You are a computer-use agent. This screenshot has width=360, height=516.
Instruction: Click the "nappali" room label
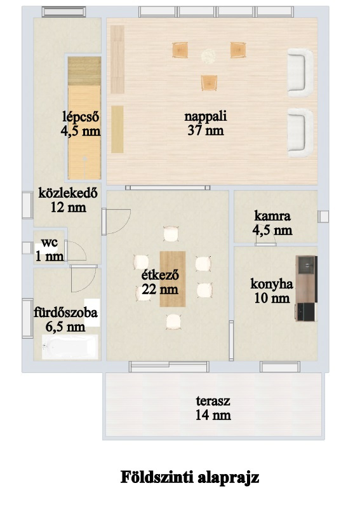tap(206, 116)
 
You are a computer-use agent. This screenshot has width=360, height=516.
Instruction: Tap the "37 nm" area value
tap(206, 131)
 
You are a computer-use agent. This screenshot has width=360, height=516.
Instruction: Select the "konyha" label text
tap(272, 283)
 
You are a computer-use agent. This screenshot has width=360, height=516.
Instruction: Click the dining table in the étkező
tap(173, 279)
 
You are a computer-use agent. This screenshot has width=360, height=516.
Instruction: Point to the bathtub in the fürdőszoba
tap(70, 347)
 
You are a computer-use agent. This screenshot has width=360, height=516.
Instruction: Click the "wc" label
tap(50, 243)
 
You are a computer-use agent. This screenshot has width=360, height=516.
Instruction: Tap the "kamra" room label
tap(272, 216)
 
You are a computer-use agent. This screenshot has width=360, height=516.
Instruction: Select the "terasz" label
tap(213, 401)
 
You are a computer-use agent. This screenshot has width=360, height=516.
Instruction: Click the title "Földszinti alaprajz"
tap(190, 477)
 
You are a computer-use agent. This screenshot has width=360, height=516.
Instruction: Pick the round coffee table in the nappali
tap(208, 56)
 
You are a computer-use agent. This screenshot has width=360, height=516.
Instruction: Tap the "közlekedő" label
tap(68, 193)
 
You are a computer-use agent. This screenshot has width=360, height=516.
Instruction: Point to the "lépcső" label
tap(81, 116)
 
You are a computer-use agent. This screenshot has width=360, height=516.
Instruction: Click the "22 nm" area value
tap(161, 289)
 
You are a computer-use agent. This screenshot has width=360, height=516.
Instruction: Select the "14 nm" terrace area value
tap(213, 415)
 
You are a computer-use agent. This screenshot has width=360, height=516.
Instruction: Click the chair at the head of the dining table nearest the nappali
tap(171, 234)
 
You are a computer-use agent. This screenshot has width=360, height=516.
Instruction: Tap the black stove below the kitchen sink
tap(306, 312)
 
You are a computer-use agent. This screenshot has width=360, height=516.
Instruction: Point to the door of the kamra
tap(265, 244)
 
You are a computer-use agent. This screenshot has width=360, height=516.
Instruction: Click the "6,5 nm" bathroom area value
tap(65, 327)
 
